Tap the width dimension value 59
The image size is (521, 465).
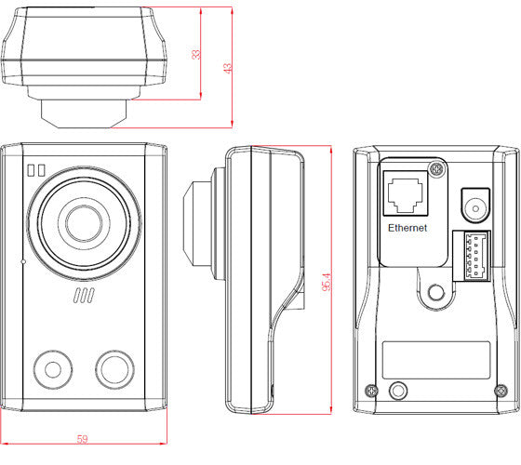click(x=83, y=439)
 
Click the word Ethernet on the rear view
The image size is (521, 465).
click(x=407, y=226)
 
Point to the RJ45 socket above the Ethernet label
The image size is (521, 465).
click(x=407, y=193)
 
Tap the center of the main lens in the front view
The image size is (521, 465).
click(x=81, y=219)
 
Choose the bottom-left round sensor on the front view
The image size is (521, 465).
click(x=52, y=368)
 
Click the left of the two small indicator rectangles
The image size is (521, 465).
click(x=30, y=170)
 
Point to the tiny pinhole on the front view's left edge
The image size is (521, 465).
click(x=24, y=262)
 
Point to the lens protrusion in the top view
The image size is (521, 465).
click(x=84, y=112)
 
